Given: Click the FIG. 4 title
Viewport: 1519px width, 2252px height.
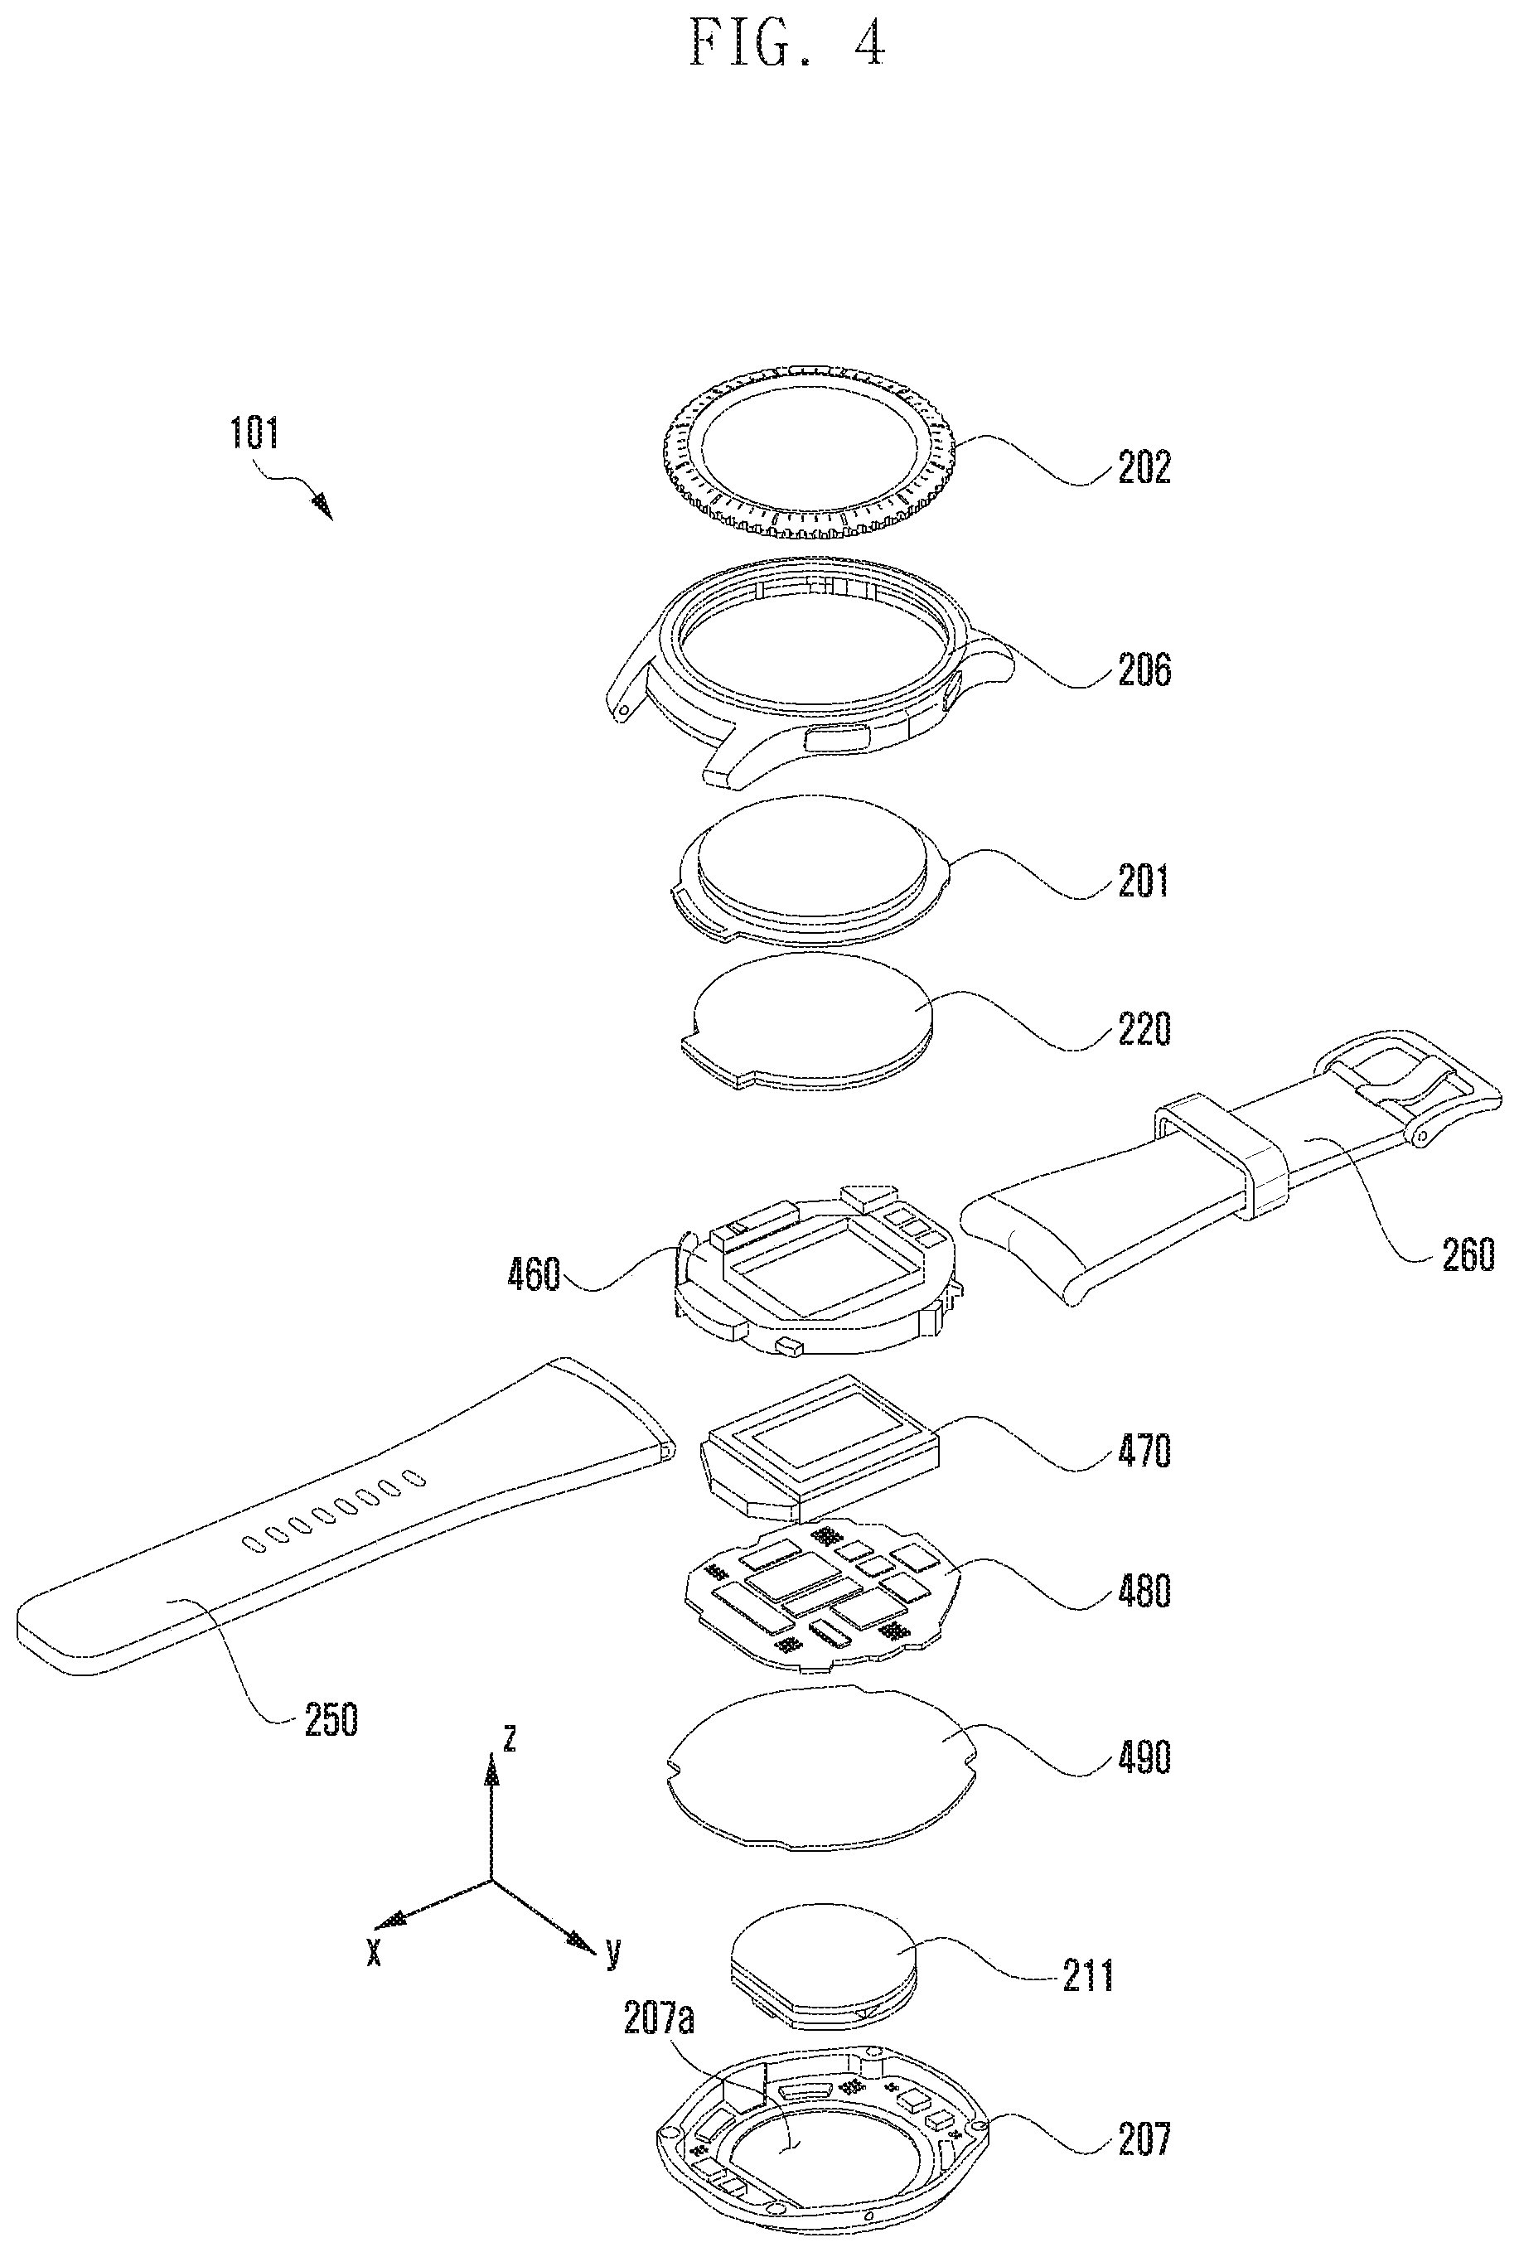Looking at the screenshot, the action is coord(786,44).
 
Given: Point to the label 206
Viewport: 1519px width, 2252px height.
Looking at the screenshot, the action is coord(1144,669).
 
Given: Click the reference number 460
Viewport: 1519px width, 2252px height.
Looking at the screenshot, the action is coord(534,1274).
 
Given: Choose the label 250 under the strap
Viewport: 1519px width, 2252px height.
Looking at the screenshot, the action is coord(331,1720).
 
